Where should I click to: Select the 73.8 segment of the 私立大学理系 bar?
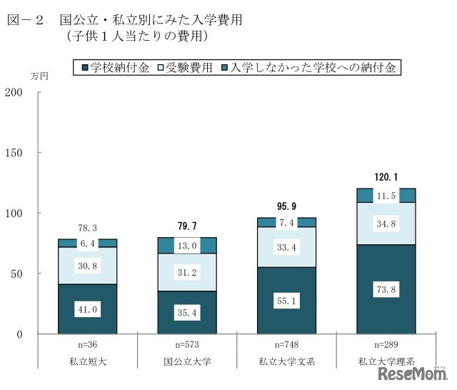(386, 291)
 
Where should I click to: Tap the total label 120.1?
(386, 176)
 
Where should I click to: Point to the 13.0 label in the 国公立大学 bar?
(187, 246)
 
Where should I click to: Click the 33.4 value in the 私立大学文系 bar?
(286, 248)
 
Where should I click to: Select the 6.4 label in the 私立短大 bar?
(87, 244)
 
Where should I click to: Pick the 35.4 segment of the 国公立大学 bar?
(187, 313)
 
